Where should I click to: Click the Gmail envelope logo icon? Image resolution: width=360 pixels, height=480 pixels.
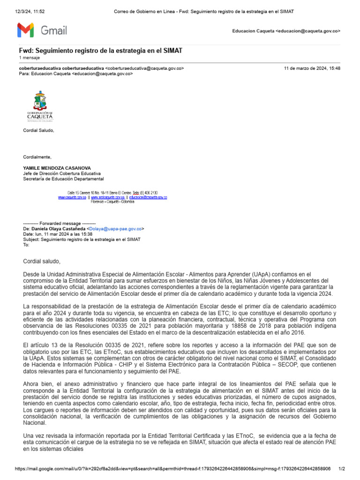tap(25, 30)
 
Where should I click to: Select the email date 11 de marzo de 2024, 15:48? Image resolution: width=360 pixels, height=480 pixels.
tap(312, 68)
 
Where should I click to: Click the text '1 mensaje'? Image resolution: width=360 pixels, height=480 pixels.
tap(29, 58)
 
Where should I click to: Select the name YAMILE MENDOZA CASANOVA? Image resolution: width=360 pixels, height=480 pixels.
tap(57, 168)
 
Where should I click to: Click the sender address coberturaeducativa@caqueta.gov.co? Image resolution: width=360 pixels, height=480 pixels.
tap(145, 68)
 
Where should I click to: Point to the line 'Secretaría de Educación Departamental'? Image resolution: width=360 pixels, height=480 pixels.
tap(64, 179)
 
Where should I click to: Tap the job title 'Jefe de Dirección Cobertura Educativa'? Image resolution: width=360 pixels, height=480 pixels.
tap(62, 173)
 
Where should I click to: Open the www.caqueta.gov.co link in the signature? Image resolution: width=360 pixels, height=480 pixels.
tap(72, 197)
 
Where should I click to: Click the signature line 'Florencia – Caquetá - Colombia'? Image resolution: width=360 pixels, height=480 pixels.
tap(112, 202)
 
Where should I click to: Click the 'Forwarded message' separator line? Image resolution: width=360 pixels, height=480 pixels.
tap(59, 223)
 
